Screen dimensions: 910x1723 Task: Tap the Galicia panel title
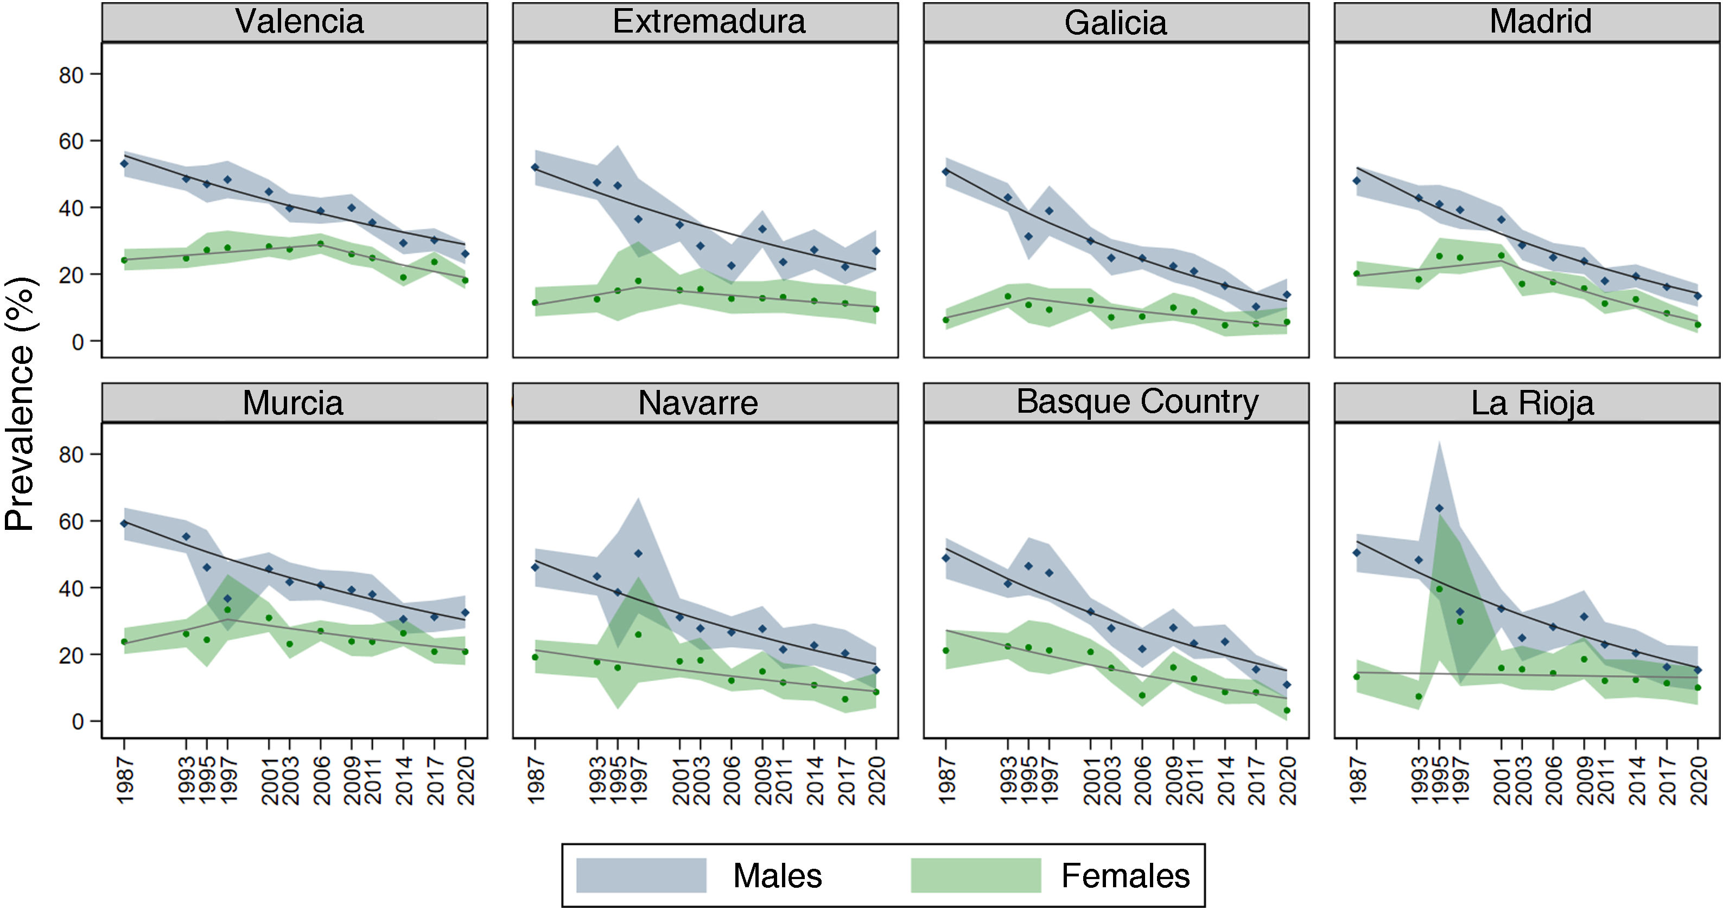pyautogui.click(x=1115, y=23)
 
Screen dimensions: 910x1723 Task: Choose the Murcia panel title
pyautogui.click(x=293, y=402)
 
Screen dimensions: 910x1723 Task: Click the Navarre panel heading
pyautogui.click(x=698, y=402)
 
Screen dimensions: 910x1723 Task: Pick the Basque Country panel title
pyautogui.click(x=1137, y=402)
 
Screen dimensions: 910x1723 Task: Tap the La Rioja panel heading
pyautogui.click(x=1531, y=402)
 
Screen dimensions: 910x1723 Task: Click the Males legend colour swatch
pyautogui.click(x=641, y=875)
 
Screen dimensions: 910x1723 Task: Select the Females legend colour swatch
pyautogui.click(x=975, y=875)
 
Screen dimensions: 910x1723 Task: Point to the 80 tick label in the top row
pyautogui.click(x=71, y=75)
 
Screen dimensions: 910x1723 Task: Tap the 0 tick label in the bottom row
pyautogui.click(x=78, y=722)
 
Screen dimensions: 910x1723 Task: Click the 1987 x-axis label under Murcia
pyautogui.click(x=125, y=781)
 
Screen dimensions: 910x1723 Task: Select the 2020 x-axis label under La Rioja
pyautogui.click(x=1698, y=781)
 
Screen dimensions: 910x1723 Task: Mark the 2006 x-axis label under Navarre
pyautogui.click(x=732, y=781)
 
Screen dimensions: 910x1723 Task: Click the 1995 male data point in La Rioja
pyautogui.click(x=1439, y=509)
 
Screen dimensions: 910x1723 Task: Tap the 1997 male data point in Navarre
pyautogui.click(x=638, y=554)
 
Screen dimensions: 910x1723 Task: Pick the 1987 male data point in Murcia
pyautogui.click(x=124, y=523)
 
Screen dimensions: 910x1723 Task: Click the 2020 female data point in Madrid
pyautogui.click(x=1697, y=325)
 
